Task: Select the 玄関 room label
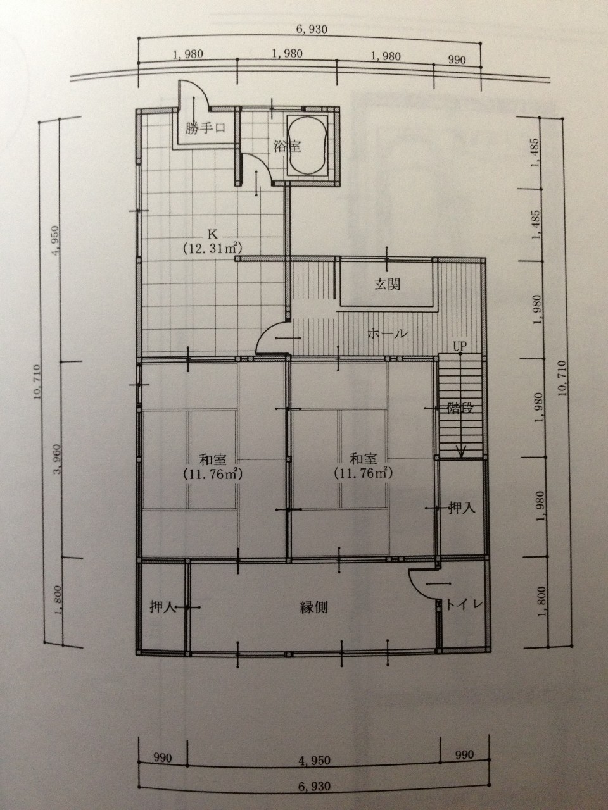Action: click(x=387, y=284)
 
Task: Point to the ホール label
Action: click(x=388, y=333)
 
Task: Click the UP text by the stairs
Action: click(x=460, y=346)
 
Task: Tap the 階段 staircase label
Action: click(x=460, y=409)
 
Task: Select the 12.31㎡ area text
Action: click(x=213, y=248)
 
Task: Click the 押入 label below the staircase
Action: click(x=462, y=509)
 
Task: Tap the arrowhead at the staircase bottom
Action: click(x=462, y=452)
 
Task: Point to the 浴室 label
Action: click(x=287, y=147)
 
